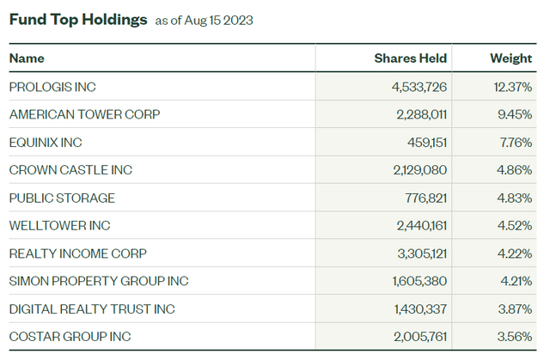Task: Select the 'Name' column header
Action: [27, 58]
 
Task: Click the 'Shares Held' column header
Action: [411, 58]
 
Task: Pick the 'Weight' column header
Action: [511, 58]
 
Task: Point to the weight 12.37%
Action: [510, 87]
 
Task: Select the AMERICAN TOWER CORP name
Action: [84, 114]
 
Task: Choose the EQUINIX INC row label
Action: [46, 142]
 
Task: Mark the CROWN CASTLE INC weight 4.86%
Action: [513, 170]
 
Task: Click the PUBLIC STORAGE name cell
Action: [62, 198]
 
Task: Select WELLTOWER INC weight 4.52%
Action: [513, 225]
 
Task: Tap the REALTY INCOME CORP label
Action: [77, 253]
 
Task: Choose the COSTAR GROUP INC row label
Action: [70, 337]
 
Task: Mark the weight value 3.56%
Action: [513, 337]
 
